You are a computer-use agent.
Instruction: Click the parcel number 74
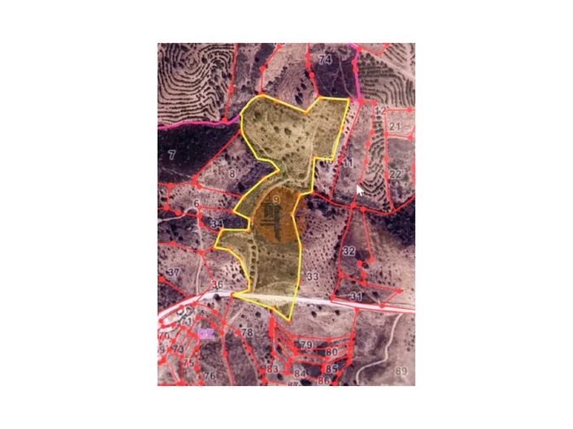pyautogui.click(x=326, y=59)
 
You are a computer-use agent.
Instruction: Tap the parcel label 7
pyautogui.click(x=172, y=154)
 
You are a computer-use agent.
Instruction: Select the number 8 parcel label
pyautogui.click(x=232, y=174)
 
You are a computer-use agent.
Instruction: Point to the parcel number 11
pyautogui.click(x=347, y=165)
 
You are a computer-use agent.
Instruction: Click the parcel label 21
pyautogui.click(x=395, y=127)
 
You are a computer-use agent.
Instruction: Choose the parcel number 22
pyautogui.click(x=395, y=174)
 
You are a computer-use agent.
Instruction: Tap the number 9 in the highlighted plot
pyautogui.click(x=276, y=200)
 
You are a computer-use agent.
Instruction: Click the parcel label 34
pyautogui.click(x=216, y=223)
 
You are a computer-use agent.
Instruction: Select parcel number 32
pyautogui.click(x=349, y=251)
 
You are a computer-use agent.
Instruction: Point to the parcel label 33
pyautogui.click(x=311, y=277)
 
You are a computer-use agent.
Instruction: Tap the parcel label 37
pyautogui.click(x=173, y=272)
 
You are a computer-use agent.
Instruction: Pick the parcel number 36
pyautogui.click(x=217, y=284)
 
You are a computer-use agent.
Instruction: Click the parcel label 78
pyautogui.click(x=247, y=333)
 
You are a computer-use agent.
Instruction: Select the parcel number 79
pyautogui.click(x=306, y=345)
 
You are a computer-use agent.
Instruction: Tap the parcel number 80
pyautogui.click(x=331, y=352)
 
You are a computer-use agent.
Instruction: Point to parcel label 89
pyautogui.click(x=400, y=371)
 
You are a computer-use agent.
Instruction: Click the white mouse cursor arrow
pyautogui.click(x=360, y=191)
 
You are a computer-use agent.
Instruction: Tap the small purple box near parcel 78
pyautogui.click(x=206, y=333)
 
